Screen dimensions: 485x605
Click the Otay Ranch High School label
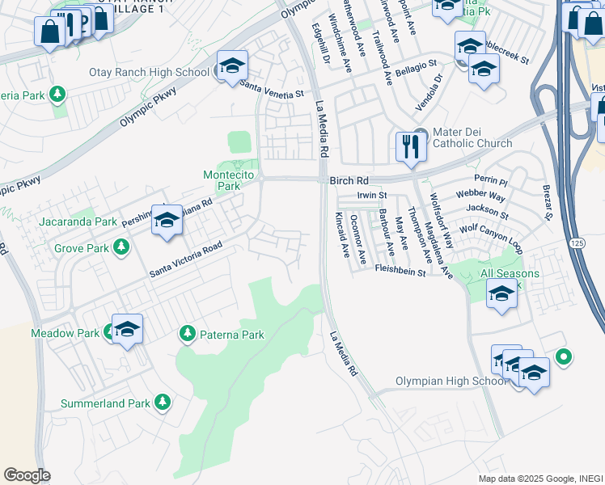pyautogui.click(x=149, y=72)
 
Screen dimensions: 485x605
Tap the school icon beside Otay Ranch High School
pyautogui.click(x=232, y=66)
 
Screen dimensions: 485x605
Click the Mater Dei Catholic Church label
pyautogui.click(x=472, y=137)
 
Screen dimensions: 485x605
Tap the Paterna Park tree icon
pyautogui.click(x=188, y=333)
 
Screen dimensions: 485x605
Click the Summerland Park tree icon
pyautogui.click(x=162, y=402)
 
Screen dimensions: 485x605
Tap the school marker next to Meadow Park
pyautogui.click(x=127, y=328)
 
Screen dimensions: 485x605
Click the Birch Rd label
pyautogui.click(x=349, y=182)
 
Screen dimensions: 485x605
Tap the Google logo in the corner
pyautogui.click(x=27, y=475)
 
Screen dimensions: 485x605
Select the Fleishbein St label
pyautogui.click(x=400, y=273)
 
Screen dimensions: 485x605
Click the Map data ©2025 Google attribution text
pyautogui.click(x=540, y=479)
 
